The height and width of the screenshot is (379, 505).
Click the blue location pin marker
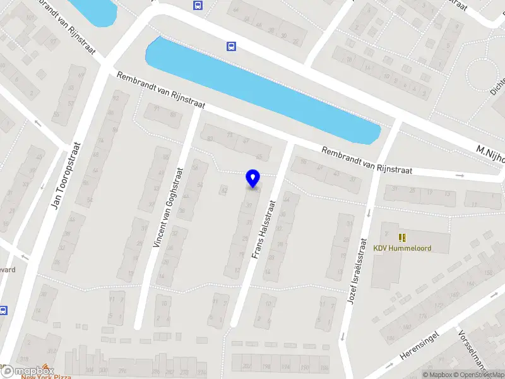[253, 179]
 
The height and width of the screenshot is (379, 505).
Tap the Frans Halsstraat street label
[264, 230]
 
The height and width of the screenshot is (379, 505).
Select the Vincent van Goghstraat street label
[169, 207]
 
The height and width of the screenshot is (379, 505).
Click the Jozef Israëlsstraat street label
[357, 271]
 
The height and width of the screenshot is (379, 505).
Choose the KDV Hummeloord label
[402, 248]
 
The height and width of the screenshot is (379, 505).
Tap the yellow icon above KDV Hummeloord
[402, 238]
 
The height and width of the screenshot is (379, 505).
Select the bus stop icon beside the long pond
[232, 46]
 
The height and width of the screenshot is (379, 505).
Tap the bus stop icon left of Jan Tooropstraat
[3, 310]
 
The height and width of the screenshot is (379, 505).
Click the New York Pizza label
[45, 376]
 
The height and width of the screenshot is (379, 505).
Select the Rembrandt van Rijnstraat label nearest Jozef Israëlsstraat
[366, 161]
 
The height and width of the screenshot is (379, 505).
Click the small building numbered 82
[224, 189]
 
